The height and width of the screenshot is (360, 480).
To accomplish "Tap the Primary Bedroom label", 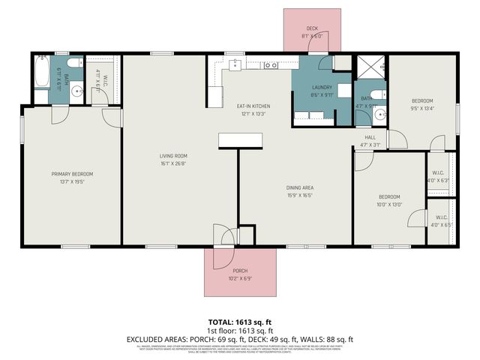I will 73,174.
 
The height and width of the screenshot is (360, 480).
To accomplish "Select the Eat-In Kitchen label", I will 253,106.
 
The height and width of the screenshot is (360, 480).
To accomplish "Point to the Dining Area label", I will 299,187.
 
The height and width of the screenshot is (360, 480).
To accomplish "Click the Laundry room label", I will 322,88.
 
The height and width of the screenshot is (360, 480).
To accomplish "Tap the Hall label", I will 370,137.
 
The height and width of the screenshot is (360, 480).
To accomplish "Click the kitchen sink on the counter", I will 270,66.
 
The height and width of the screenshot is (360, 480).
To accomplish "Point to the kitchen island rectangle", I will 240,140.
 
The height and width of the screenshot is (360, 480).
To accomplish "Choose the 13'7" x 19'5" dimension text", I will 73,181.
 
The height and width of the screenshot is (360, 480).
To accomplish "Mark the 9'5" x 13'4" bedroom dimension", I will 422,108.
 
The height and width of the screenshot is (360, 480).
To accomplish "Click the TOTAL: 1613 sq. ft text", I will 240,322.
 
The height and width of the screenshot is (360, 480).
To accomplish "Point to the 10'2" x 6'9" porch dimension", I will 240,278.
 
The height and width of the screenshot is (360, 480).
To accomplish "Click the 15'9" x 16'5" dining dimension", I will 299,195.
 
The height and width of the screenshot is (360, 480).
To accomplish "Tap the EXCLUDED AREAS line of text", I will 240,339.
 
